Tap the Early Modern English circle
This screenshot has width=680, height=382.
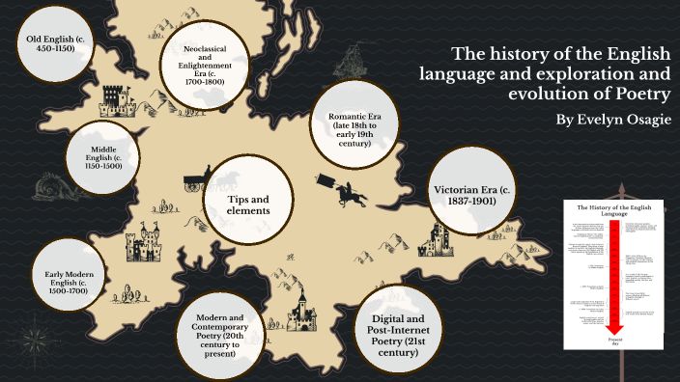(70, 280)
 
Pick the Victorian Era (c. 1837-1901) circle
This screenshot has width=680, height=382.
(467, 188)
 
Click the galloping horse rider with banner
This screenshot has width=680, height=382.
(348, 192)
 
